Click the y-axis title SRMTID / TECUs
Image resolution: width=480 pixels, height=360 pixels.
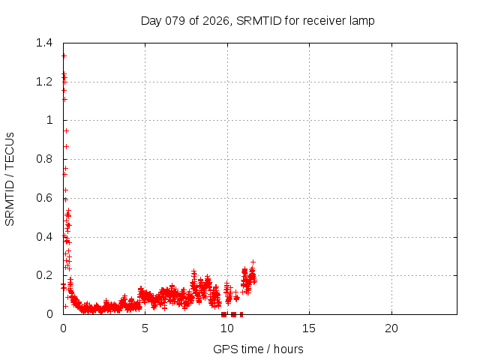coord(10,178)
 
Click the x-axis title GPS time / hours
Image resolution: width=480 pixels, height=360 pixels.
coord(258,349)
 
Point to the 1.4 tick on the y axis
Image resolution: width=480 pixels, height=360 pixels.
coord(47,43)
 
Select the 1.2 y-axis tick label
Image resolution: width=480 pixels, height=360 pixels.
coord(47,81)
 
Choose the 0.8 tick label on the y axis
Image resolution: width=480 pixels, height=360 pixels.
coord(47,159)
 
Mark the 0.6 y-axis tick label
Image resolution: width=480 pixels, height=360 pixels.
coord(47,198)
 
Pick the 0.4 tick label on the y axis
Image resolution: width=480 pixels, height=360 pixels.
coord(47,236)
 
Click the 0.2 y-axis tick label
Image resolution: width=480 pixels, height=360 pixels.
coord(47,275)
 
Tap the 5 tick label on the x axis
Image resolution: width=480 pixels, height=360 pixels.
coord(145,328)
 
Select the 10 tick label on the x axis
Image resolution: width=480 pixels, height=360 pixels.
coord(226,328)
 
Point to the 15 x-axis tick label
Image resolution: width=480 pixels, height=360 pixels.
coord(309,328)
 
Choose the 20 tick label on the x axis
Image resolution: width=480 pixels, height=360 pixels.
coord(391,328)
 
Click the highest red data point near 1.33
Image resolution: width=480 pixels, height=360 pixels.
coord(64,55)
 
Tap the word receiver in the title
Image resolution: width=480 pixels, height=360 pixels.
coord(317,20)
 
